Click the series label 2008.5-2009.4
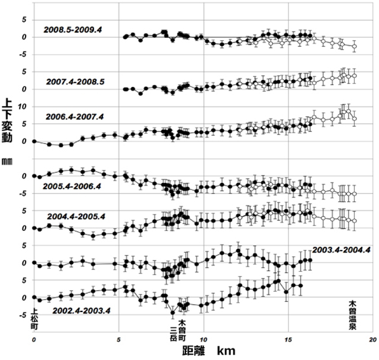[73, 28]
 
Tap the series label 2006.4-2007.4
[75, 117]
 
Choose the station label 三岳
[174, 326]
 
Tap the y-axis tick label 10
[24, 107]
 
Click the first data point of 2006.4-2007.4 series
[34, 142]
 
